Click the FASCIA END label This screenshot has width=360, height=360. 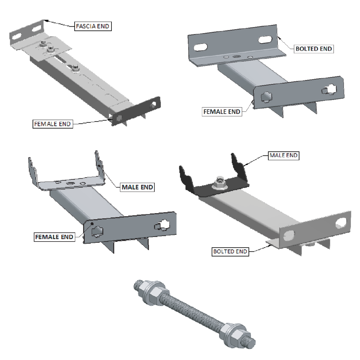93,26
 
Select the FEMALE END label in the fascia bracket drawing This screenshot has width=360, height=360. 52,124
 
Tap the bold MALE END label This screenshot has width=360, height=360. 137,187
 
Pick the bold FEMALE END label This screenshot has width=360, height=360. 54,237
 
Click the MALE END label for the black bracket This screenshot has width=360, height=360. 283,155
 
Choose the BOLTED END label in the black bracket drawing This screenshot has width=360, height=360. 230,252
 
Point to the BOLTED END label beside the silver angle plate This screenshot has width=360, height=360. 314,49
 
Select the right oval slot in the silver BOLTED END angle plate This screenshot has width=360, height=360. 265,39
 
